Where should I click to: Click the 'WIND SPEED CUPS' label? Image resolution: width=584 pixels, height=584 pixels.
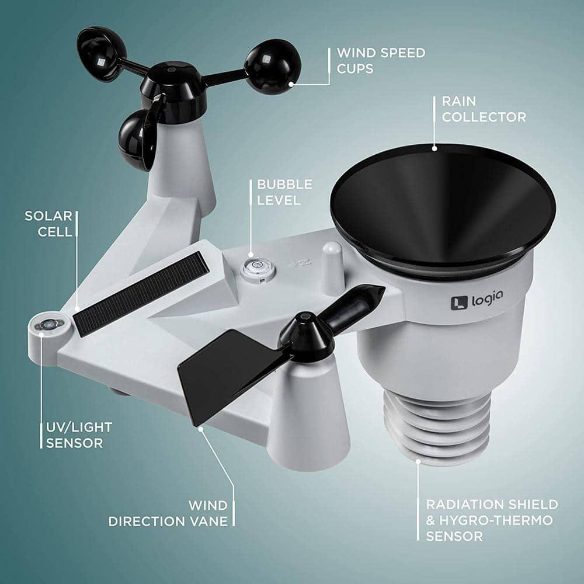381,61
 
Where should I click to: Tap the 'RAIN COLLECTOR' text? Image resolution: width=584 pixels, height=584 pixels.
484,109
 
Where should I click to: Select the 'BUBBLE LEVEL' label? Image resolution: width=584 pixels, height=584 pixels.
284,192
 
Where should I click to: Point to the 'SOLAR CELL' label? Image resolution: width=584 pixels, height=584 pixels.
48,224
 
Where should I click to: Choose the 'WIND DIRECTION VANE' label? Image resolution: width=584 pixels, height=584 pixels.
168,513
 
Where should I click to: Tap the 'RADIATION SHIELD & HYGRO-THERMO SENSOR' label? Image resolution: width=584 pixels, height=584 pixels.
492,520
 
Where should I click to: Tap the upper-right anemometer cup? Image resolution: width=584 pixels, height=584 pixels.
273,66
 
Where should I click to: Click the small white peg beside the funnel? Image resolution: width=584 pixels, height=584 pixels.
332,268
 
